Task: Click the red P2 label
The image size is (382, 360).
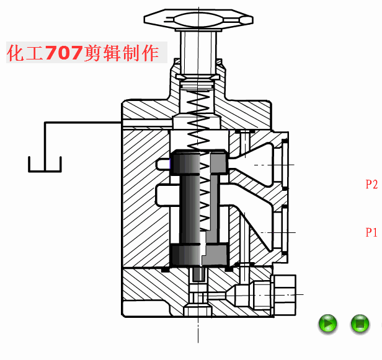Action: [371, 184]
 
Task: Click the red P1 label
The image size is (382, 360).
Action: [371, 232]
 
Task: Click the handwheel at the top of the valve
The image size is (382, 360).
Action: [198, 19]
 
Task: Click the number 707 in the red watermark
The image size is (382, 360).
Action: [63, 53]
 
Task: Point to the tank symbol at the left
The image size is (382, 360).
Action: [45, 164]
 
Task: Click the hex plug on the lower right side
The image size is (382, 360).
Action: [285, 295]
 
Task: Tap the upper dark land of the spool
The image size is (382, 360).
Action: [199, 162]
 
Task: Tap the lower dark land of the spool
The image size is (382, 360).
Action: [199, 255]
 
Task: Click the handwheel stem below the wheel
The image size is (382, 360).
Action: [198, 53]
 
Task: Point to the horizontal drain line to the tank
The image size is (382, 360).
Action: [83, 123]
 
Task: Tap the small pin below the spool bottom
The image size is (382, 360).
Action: [198, 274]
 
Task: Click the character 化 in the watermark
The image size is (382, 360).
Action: [16, 53]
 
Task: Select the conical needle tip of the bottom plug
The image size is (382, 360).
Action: [231, 295]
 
